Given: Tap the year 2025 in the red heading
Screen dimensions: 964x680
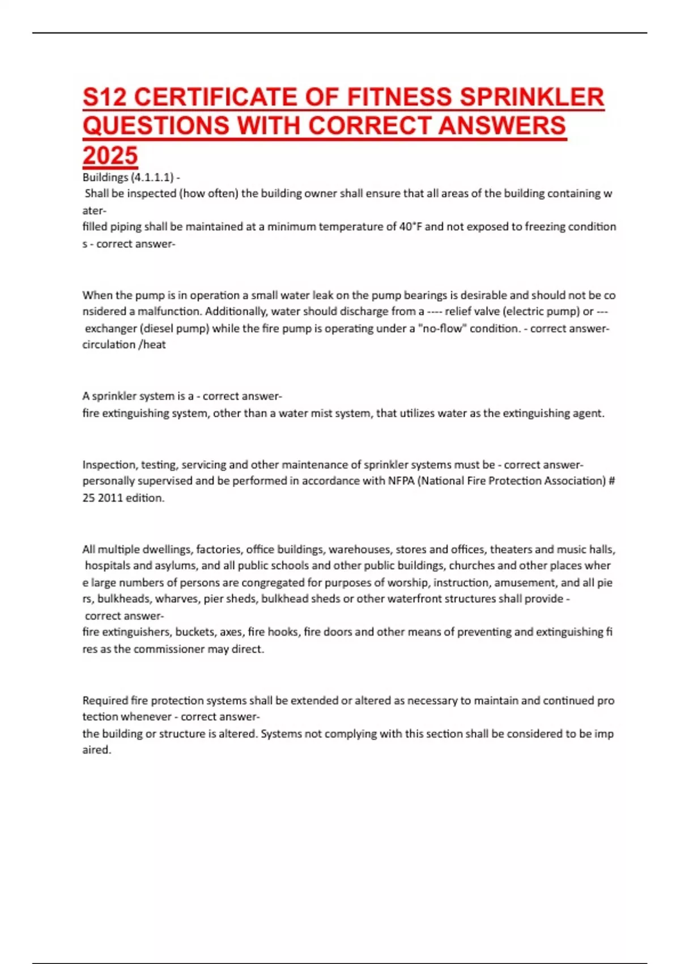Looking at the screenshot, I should (x=110, y=156).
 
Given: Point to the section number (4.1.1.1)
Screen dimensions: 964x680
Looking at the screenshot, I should (x=152, y=177).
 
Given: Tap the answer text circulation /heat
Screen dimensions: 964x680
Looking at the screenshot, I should (x=124, y=345).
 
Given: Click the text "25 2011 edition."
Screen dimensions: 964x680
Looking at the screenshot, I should (x=124, y=498).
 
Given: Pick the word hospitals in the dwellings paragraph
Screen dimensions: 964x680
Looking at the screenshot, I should (x=108, y=566).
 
